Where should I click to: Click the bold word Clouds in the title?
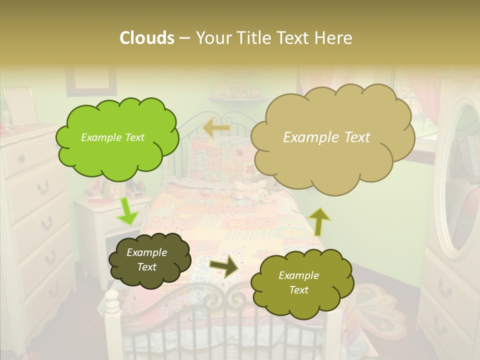[146, 38]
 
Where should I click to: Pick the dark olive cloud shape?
[149, 260]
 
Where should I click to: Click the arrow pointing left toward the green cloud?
[216, 128]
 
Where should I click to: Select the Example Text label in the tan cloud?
[326, 137]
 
